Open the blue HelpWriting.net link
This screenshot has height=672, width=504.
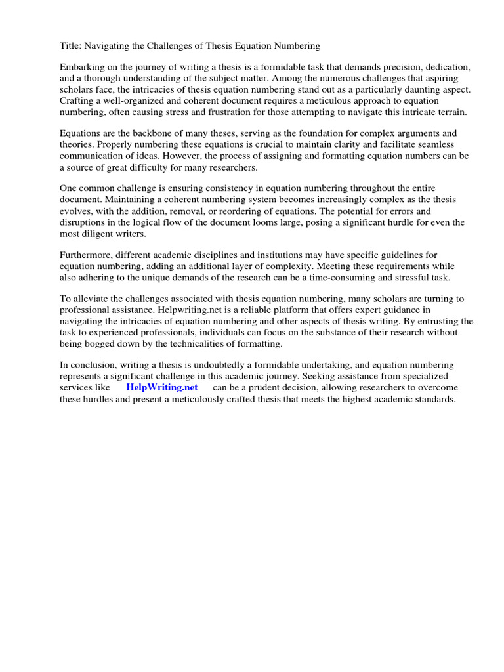tap(162, 387)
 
